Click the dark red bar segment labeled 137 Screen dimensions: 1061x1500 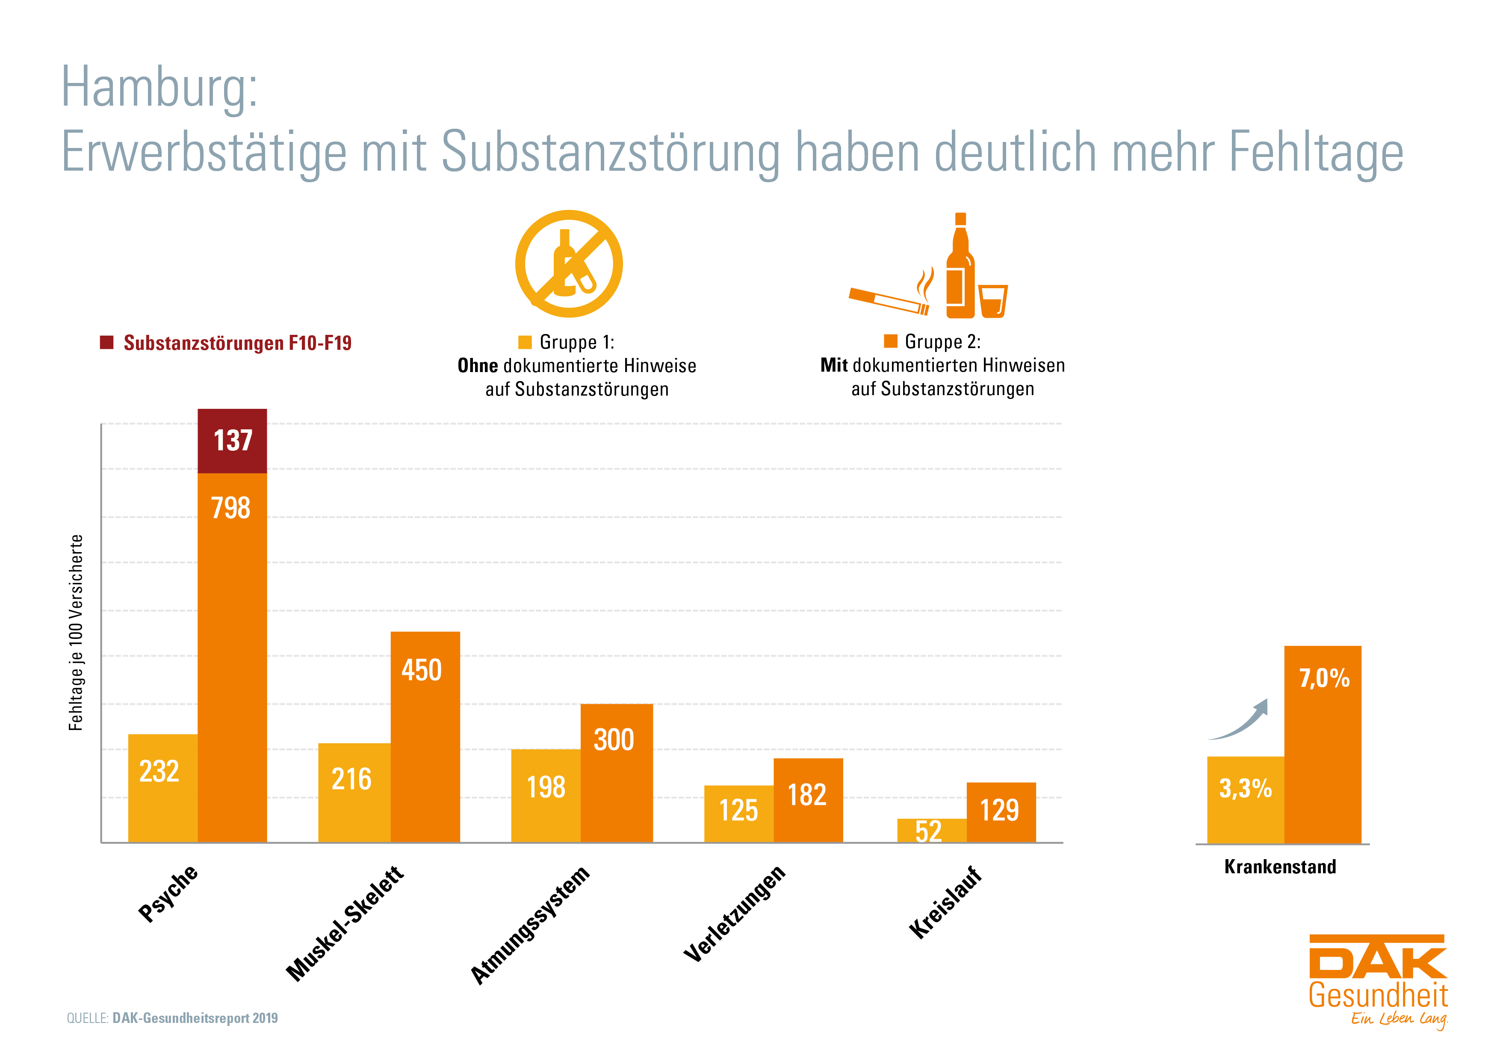[x=233, y=441]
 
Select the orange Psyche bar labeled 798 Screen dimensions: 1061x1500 [x=233, y=653]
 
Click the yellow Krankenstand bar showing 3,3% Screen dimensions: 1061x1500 [x=1245, y=800]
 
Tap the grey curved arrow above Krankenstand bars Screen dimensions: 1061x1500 [x=1241, y=722]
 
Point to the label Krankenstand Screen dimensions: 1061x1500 [x=1280, y=867]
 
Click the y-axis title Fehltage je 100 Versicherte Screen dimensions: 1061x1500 [x=76, y=632]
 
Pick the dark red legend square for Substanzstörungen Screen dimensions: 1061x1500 [x=106, y=343]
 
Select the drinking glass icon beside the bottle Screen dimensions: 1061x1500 [x=993, y=301]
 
